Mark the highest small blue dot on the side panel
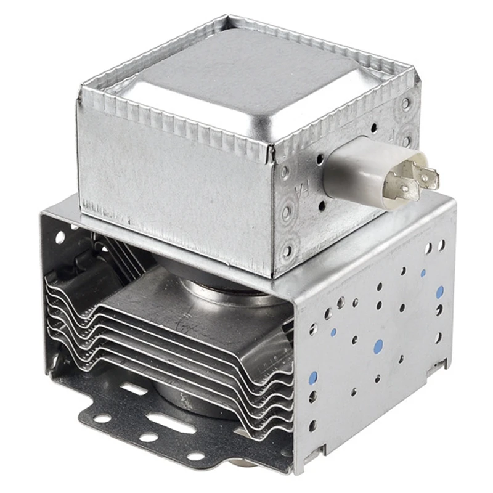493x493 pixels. pyautogui.click(x=423, y=272)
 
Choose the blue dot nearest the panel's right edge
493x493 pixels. pyautogui.click(x=439, y=293)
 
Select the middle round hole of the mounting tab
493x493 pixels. pyautogui.click(x=149, y=437)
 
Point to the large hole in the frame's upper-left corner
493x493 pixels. pyautogui.click(x=60, y=237)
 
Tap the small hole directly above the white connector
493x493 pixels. pyautogui.click(x=373, y=128)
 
